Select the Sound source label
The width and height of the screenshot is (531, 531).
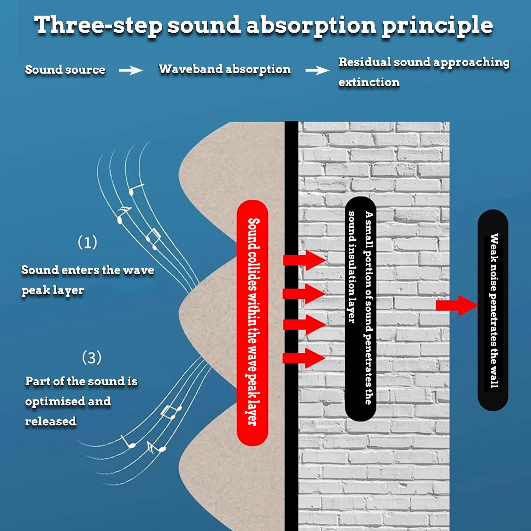(65, 70)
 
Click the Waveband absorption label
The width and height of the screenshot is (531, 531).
(224, 69)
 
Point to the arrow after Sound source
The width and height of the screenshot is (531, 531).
(131, 70)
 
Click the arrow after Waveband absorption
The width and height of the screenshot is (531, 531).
(317, 70)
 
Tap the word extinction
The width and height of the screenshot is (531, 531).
(369, 82)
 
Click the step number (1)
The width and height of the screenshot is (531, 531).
(87, 242)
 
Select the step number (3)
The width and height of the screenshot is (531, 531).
(92, 357)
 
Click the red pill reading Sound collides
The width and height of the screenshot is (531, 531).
(252, 323)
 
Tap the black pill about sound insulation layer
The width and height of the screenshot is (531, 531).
(361, 308)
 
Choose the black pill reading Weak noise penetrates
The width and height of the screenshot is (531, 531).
(493, 310)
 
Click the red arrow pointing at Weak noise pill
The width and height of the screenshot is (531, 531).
(457, 305)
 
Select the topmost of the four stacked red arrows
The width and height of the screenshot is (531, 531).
(304, 260)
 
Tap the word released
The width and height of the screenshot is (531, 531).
(51, 421)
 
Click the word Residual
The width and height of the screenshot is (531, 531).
(365, 62)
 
